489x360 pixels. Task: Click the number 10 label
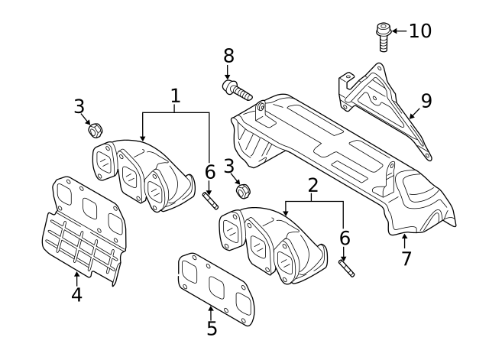coord(419,31)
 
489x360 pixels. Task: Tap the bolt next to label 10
coord(382,36)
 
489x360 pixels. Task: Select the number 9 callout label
coord(426,100)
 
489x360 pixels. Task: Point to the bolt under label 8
coord(238,91)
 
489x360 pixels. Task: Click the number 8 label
coord(228,56)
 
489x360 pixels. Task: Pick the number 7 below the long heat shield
coord(406,258)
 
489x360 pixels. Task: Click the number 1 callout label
coord(175,96)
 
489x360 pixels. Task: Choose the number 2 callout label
coord(313,185)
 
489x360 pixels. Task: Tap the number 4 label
coord(76,294)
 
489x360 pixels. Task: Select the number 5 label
coord(212,329)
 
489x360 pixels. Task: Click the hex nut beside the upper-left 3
coord(96,130)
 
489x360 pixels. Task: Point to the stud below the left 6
coord(211,201)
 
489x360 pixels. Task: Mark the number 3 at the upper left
coord(79,107)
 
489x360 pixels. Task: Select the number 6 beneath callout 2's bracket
coord(345,238)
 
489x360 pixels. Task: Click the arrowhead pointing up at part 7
coord(404,238)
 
